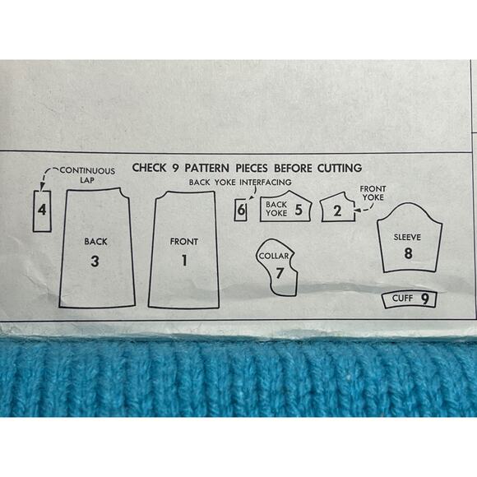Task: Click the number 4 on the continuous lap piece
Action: click(x=42, y=210)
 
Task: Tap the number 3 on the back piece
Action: click(x=95, y=261)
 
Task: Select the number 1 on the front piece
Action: click(x=184, y=261)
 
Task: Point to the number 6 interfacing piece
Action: click(x=241, y=210)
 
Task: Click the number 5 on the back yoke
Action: click(x=299, y=209)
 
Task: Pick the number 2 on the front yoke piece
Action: click(x=337, y=211)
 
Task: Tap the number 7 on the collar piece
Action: click(x=280, y=273)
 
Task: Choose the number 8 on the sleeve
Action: click(x=408, y=253)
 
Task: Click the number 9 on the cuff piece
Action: click(x=425, y=299)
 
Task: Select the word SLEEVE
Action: click(x=407, y=238)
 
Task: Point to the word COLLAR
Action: click(x=274, y=256)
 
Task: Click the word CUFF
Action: click(x=402, y=298)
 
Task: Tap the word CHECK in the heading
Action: click(x=150, y=168)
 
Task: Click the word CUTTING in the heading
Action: click(x=340, y=168)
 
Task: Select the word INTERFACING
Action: click(x=266, y=183)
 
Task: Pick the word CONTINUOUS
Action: click(x=87, y=171)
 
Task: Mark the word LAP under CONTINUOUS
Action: click(x=87, y=180)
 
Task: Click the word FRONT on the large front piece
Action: click(x=184, y=242)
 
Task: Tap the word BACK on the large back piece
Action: click(x=96, y=242)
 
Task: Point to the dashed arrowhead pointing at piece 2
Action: click(x=357, y=210)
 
